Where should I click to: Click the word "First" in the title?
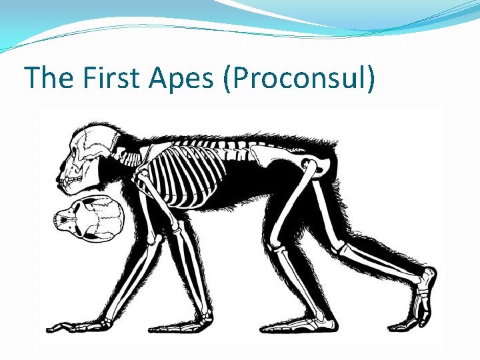pyautogui.click(x=113, y=79)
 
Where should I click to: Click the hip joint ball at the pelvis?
pyautogui.click(x=307, y=163)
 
